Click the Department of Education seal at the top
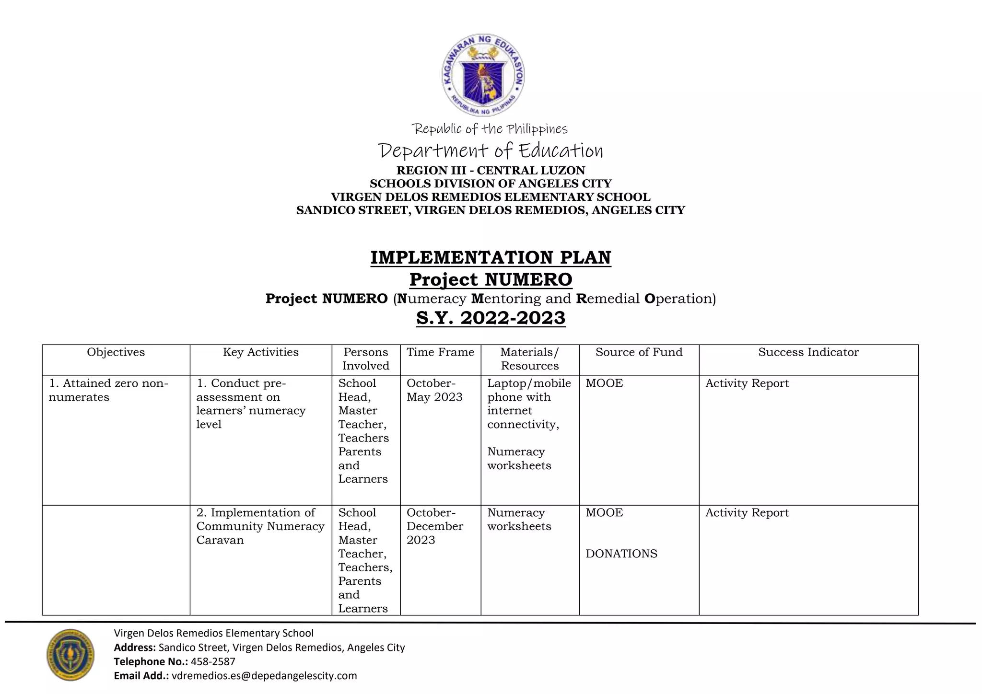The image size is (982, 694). click(x=483, y=75)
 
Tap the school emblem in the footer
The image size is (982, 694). click(x=70, y=654)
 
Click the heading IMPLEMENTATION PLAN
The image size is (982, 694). click(x=491, y=257)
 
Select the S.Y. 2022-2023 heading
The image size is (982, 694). click(x=491, y=318)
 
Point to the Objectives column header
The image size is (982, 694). click(x=116, y=352)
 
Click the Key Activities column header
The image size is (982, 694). click(x=260, y=352)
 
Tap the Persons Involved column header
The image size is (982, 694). click(x=365, y=359)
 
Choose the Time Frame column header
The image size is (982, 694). click(x=440, y=352)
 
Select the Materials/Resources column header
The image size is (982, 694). click(x=529, y=359)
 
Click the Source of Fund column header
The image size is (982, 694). click(x=639, y=352)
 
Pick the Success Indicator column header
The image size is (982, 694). click(x=808, y=352)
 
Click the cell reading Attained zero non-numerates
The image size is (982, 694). click(x=108, y=390)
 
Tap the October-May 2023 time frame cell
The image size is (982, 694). click(x=434, y=390)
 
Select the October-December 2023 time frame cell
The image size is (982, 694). click(x=434, y=526)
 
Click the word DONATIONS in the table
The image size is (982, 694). click(x=621, y=554)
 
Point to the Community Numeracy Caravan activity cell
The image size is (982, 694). click(x=260, y=526)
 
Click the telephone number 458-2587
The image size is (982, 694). click(x=213, y=662)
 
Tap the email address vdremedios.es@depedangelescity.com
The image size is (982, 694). click(x=264, y=676)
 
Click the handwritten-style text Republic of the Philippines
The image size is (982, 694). click(x=490, y=129)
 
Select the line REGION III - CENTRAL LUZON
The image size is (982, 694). click(x=491, y=171)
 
